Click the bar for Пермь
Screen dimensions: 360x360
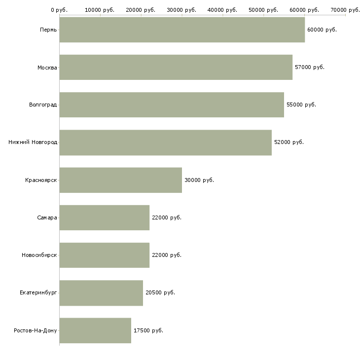182,30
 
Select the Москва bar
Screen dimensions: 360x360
176,67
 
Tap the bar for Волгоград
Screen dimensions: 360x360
172,105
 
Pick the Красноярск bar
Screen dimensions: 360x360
120,180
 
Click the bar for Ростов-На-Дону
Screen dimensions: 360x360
95,330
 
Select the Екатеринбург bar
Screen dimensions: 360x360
101,293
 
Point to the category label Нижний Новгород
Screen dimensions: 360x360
33,142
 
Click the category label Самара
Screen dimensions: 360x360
47,217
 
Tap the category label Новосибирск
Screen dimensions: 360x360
39,255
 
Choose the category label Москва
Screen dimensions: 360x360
47,67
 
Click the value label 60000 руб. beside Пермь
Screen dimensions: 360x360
322,30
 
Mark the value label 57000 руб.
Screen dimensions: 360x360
310,67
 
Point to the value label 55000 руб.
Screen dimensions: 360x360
301,105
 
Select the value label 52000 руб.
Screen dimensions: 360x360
289,142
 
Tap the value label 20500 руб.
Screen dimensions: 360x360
160,292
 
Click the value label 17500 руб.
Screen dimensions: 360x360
148,330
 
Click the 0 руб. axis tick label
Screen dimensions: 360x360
59,9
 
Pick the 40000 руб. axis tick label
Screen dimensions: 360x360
222,9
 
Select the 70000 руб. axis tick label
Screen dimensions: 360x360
345,9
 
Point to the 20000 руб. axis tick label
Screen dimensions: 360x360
141,9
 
